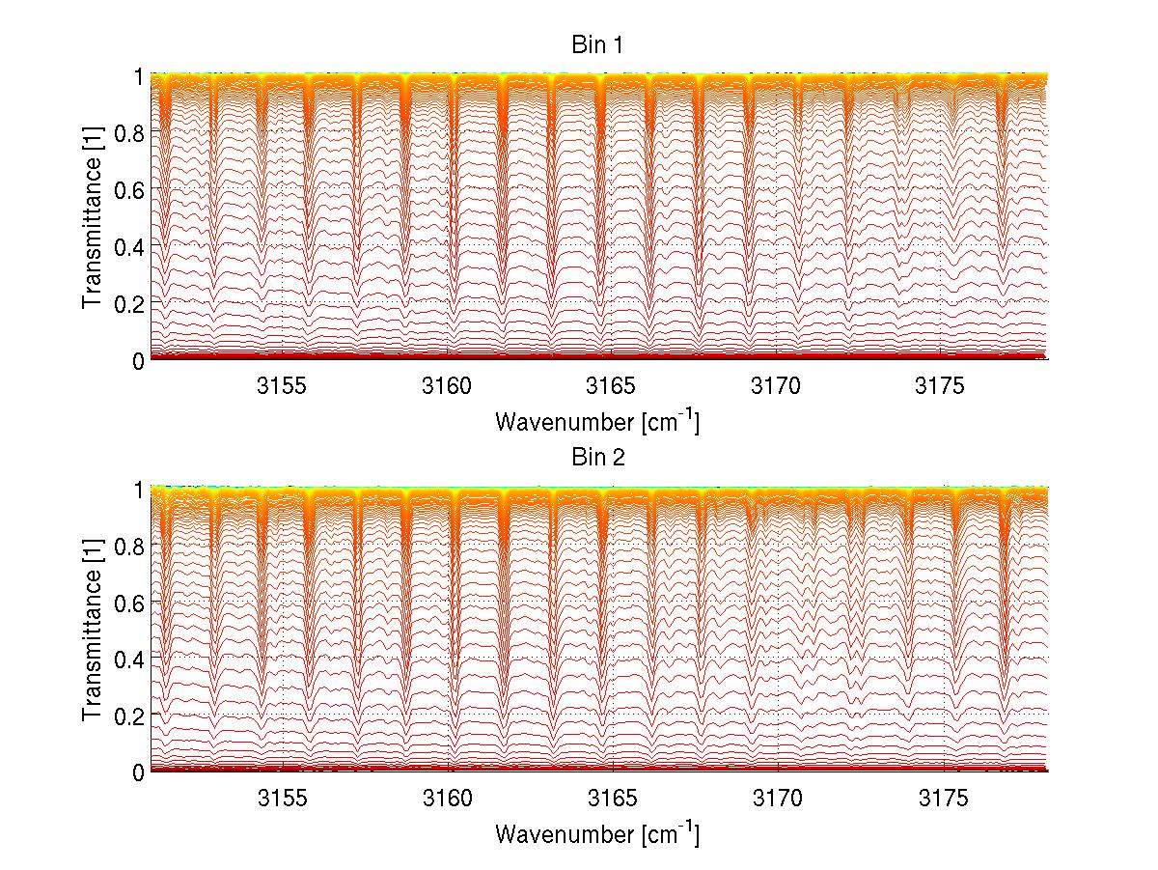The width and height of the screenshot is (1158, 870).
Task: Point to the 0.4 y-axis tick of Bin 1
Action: [129, 246]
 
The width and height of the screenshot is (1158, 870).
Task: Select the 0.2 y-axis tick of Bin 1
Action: [129, 303]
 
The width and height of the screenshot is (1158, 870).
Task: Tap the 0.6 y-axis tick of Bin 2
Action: [129, 603]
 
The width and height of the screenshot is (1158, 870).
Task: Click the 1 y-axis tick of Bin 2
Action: [138, 490]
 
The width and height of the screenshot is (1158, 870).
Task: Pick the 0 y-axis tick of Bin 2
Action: [138, 772]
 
